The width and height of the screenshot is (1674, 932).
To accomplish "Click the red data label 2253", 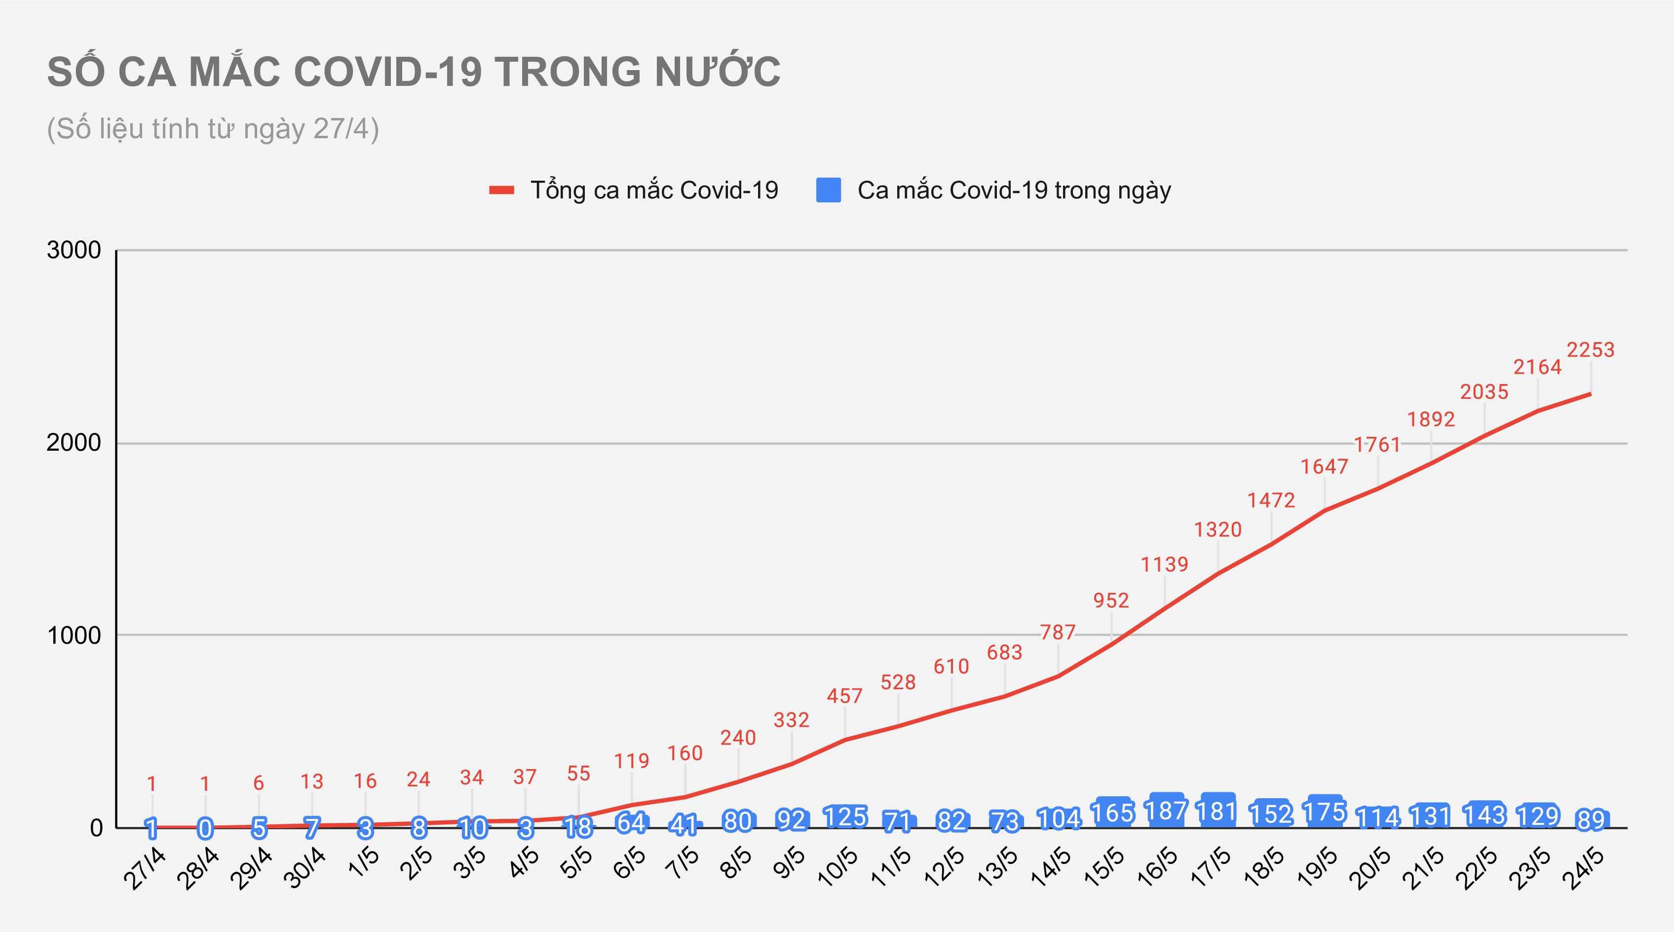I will coord(1590,350).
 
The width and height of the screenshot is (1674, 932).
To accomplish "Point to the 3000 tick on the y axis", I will coord(74,250).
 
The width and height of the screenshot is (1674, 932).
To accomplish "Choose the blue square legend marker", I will coord(829,191).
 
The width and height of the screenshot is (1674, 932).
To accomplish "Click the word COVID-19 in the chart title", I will coord(388,72).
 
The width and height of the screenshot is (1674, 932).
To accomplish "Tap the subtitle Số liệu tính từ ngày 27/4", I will coord(213,129).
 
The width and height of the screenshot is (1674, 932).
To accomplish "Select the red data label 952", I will coord(1111,601).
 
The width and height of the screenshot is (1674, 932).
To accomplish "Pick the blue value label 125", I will coord(845,817).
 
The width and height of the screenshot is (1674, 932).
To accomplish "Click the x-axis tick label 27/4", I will coord(144,869).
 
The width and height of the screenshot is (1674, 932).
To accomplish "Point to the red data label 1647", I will coord(1325,466).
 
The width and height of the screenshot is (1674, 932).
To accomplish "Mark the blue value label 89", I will coord(1591,820).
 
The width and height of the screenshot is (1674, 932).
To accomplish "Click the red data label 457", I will coord(845,696).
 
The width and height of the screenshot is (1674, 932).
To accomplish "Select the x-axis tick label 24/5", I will coord(1583,869).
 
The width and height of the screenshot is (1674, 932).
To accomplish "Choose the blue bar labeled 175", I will coord(1325,811).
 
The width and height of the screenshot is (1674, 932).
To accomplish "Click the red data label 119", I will coord(632,761).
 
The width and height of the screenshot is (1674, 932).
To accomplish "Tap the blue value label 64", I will coord(631,823).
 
